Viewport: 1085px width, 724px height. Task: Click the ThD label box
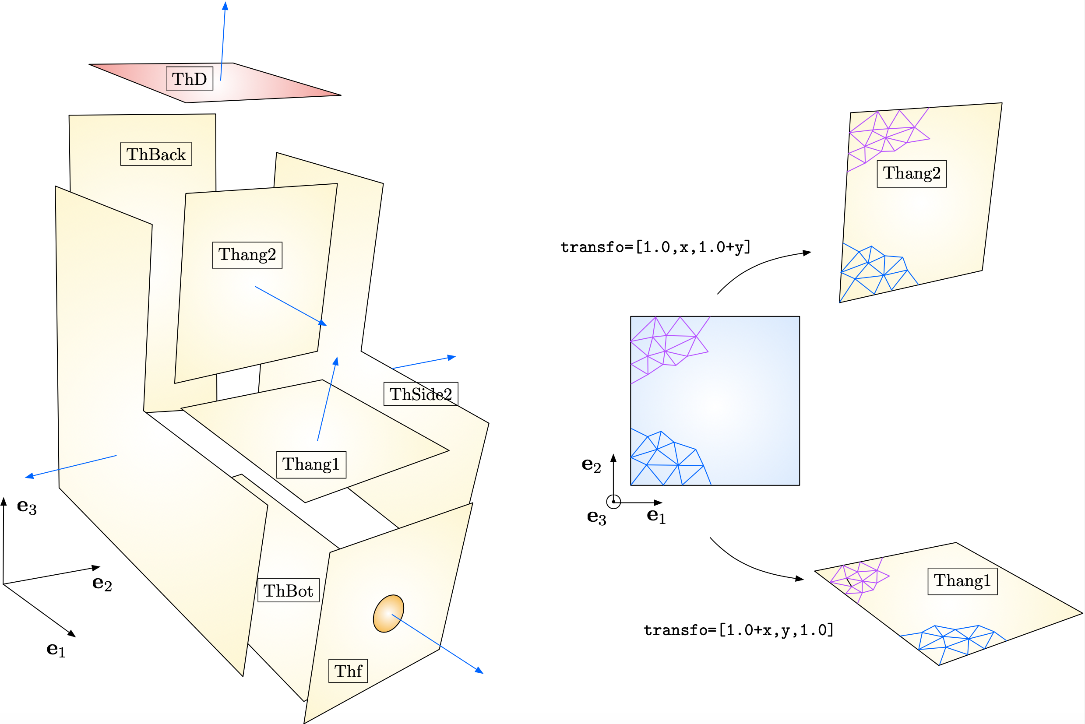point(190,78)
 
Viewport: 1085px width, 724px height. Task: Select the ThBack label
point(156,154)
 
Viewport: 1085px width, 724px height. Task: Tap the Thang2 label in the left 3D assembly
point(247,255)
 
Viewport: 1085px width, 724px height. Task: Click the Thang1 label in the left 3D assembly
point(311,464)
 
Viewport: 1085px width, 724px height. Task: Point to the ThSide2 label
point(420,394)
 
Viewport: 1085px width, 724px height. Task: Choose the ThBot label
point(288,590)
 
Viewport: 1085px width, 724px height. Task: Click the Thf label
point(348,671)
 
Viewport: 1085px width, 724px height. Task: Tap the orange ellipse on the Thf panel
point(388,613)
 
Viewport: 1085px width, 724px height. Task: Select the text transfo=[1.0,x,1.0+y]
point(655,247)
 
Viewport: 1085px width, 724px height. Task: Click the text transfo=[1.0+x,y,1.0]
point(739,630)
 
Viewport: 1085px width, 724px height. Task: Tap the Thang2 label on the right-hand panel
point(911,174)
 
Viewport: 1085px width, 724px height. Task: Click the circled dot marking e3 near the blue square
point(613,502)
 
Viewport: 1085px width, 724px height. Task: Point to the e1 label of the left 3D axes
point(56,650)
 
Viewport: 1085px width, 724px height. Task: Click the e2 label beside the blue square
point(591,464)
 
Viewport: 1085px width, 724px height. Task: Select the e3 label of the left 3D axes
point(27,506)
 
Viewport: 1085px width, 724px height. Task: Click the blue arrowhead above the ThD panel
point(225,6)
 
